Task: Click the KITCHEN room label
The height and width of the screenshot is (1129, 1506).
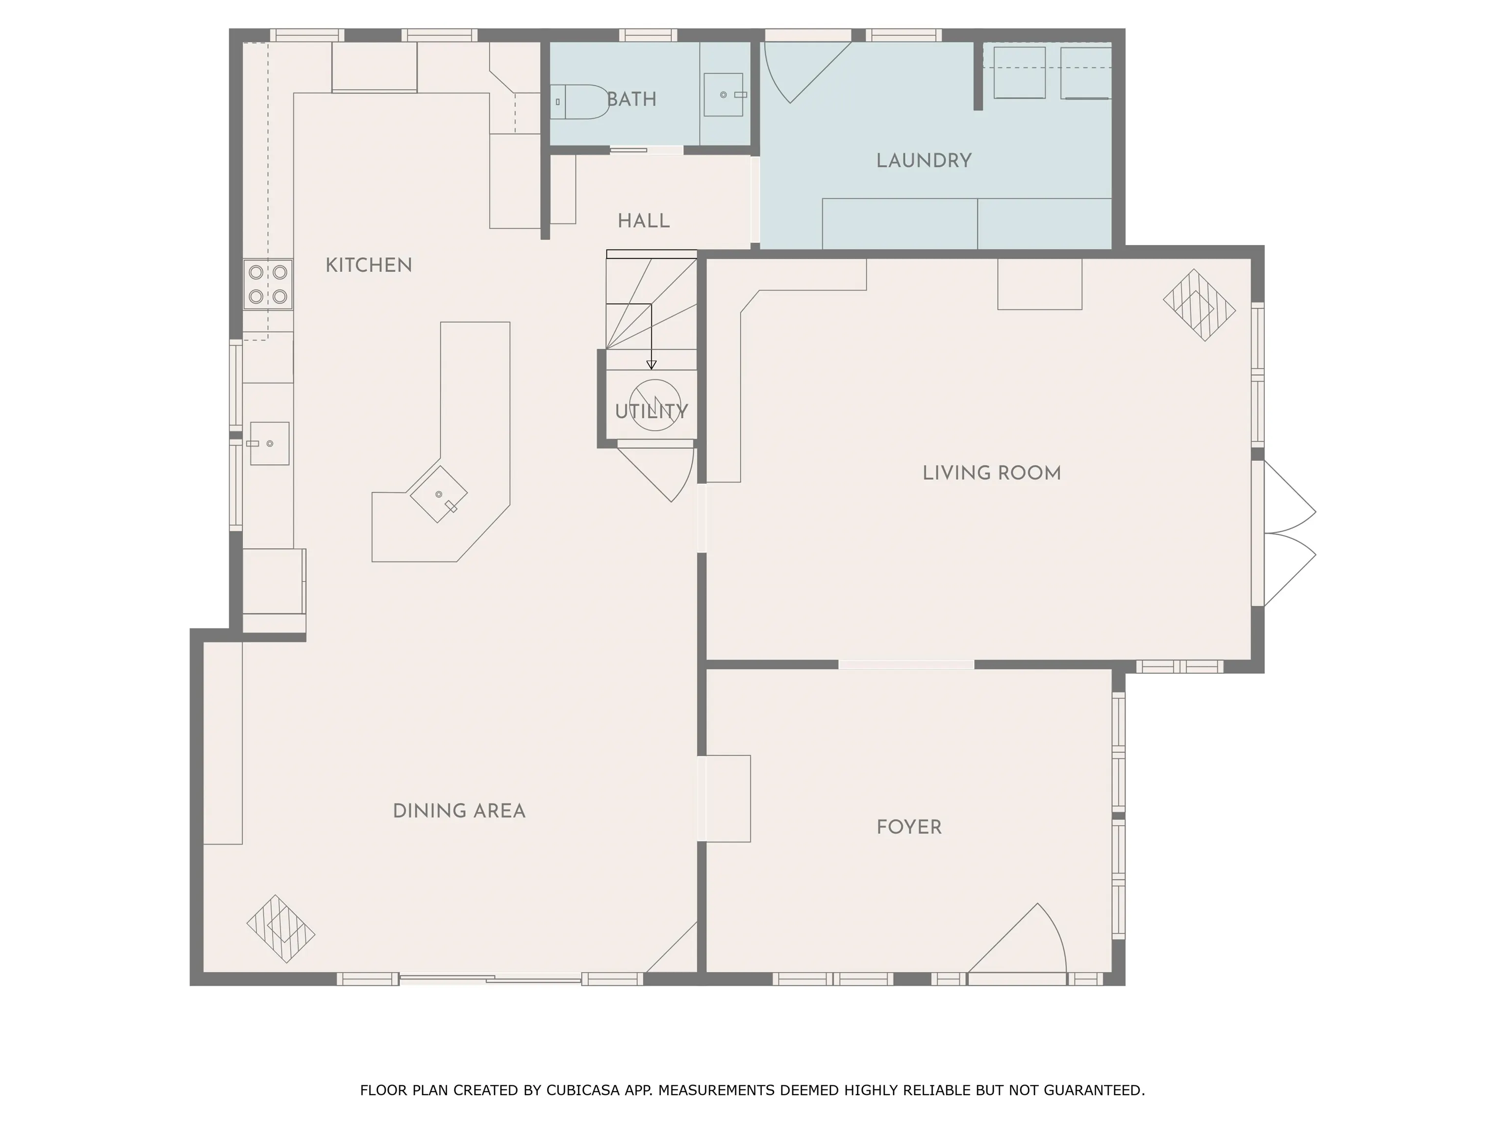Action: [368, 266]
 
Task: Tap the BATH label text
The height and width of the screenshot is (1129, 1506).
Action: [632, 99]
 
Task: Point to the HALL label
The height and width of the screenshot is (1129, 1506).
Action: [643, 221]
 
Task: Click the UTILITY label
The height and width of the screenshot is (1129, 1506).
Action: [652, 412]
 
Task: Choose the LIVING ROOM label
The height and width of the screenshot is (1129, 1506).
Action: [991, 473]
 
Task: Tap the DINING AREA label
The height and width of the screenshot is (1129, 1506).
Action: [459, 811]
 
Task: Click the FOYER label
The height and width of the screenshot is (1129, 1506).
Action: [909, 828]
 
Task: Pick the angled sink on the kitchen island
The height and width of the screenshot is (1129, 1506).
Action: [438, 495]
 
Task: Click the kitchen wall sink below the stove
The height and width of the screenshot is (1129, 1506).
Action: [270, 443]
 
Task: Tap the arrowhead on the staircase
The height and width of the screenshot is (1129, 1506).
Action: [652, 365]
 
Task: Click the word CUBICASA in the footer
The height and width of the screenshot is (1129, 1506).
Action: [583, 1090]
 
